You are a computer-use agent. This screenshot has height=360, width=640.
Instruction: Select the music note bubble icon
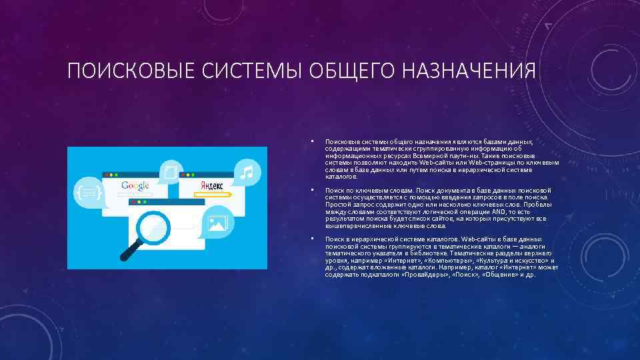247,172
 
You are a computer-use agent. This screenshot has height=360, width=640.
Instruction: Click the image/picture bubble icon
217,223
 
